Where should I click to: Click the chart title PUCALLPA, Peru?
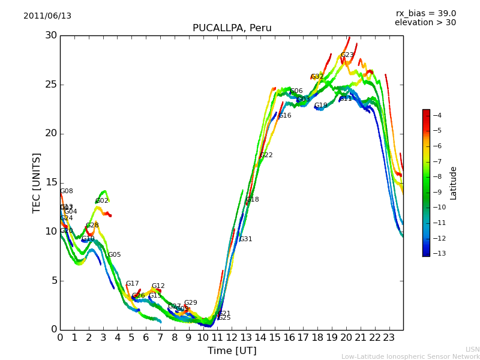[232, 28]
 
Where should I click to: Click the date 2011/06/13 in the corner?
[47, 16]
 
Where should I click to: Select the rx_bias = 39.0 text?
[425, 13]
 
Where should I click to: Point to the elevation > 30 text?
[425, 23]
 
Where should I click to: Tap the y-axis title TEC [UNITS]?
[37, 182]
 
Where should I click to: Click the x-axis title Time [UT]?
[232, 351]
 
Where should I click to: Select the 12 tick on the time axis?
[232, 338]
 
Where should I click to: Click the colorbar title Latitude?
[454, 183]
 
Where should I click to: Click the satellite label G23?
[347, 55]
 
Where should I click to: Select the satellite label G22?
[266, 155]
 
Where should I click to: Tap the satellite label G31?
[246, 239]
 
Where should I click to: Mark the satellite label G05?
[115, 255]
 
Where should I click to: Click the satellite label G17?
[133, 284]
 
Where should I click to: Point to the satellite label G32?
[317, 77]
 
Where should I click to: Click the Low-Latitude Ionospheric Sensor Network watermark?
[410, 356]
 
